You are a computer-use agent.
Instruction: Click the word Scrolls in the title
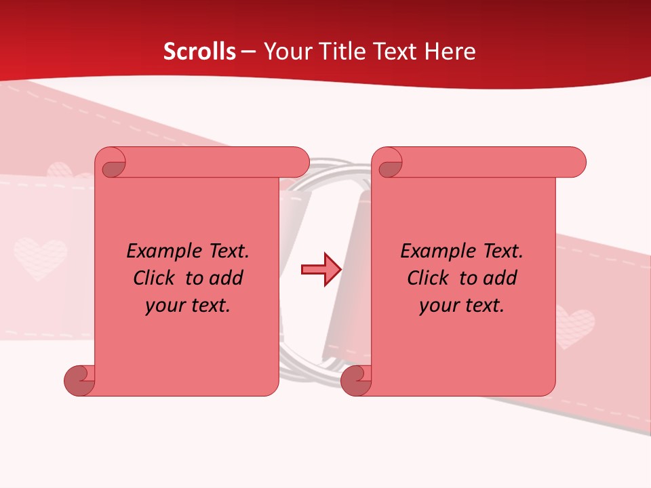point(199,52)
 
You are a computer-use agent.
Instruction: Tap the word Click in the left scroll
point(153,279)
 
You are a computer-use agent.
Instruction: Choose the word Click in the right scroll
point(427,279)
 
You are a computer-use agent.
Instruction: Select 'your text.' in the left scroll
point(188,306)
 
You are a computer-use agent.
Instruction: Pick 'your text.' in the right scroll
point(462,306)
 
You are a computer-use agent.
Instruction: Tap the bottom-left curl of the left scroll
point(80,381)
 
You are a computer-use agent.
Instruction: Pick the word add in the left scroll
point(226,279)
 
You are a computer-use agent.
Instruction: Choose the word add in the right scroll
point(500,279)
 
